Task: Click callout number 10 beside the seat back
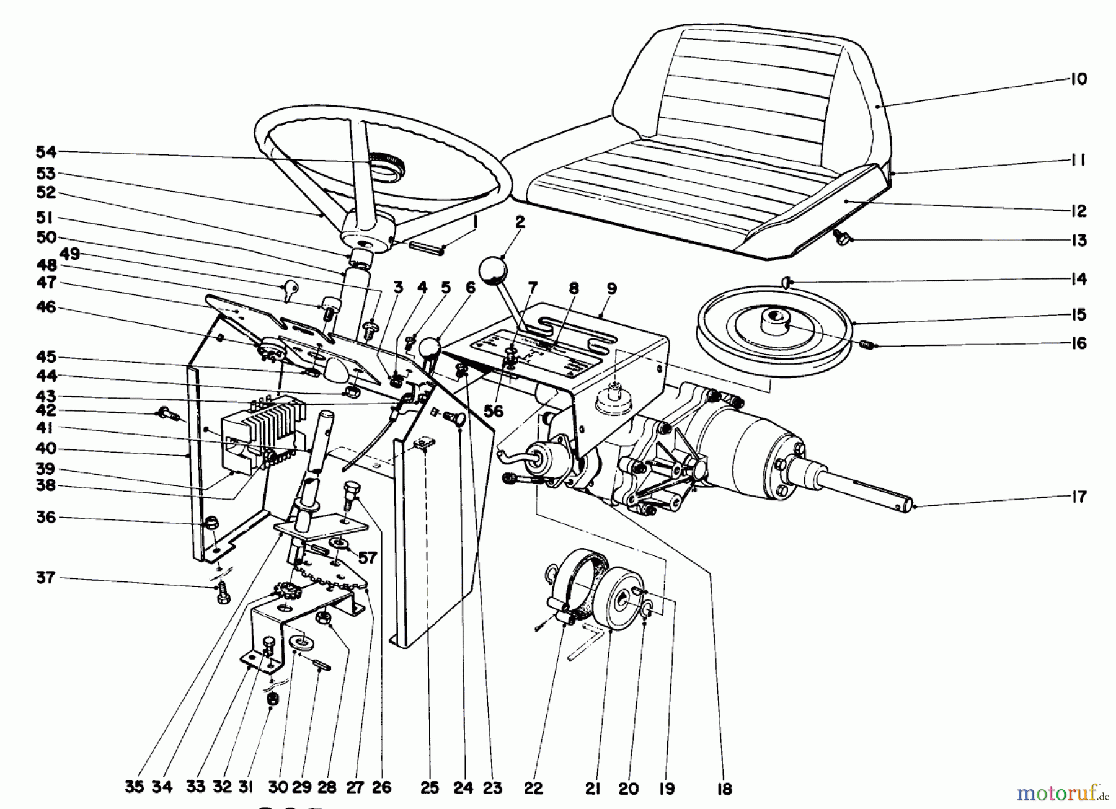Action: [1078, 79]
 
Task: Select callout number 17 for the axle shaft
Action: [1078, 497]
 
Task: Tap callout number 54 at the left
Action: [45, 152]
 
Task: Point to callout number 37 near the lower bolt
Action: [45, 578]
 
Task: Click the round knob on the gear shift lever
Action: [492, 271]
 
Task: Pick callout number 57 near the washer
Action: [367, 559]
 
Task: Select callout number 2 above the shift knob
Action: [520, 222]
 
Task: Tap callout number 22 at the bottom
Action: [533, 788]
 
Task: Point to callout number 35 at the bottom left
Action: [134, 787]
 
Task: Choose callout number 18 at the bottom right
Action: [724, 789]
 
